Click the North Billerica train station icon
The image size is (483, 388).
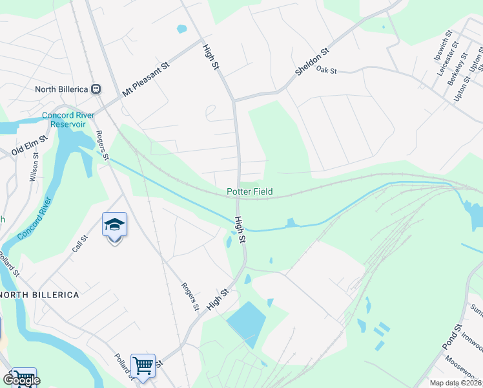(x=96, y=89)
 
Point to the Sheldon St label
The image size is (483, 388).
(x=313, y=61)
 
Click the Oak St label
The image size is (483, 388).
(x=327, y=70)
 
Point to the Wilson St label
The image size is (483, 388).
(x=34, y=167)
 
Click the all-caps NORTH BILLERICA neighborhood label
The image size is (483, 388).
(x=40, y=295)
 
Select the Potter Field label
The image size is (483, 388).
(x=249, y=192)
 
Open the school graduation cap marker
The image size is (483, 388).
(x=114, y=225)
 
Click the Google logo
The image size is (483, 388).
(x=21, y=380)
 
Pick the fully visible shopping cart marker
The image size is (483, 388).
(x=142, y=365)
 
